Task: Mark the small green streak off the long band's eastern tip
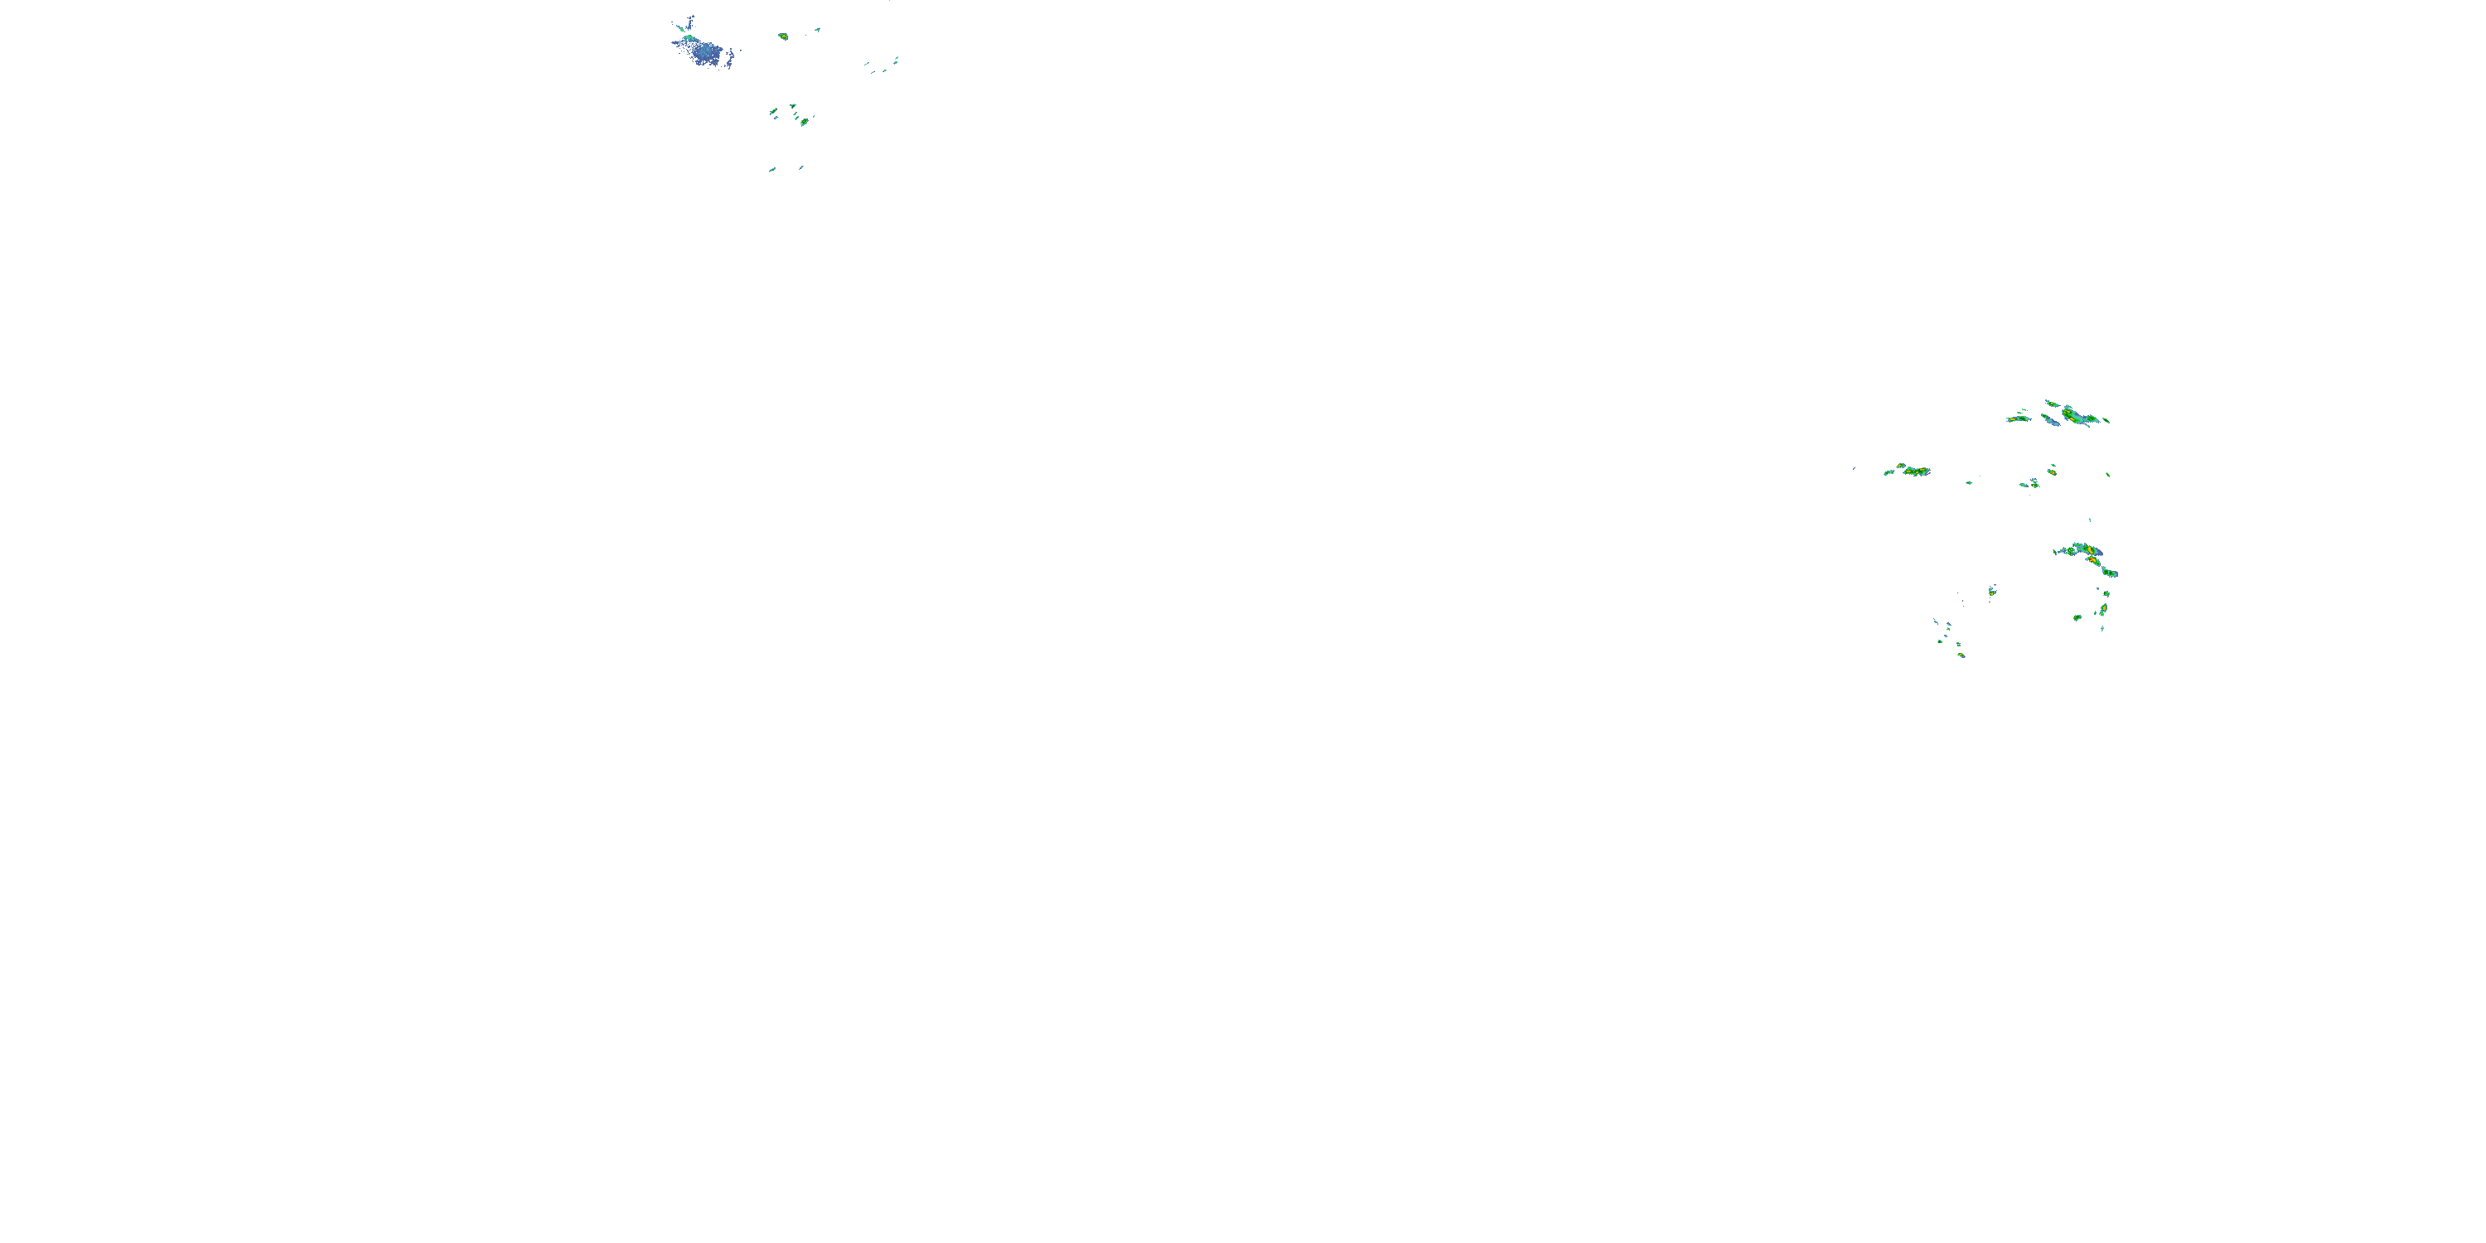click(2106, 421)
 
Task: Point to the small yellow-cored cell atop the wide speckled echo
click(1901, 466)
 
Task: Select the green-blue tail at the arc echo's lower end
click(2111, 573)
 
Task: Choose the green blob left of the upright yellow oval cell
click(2077, 617)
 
